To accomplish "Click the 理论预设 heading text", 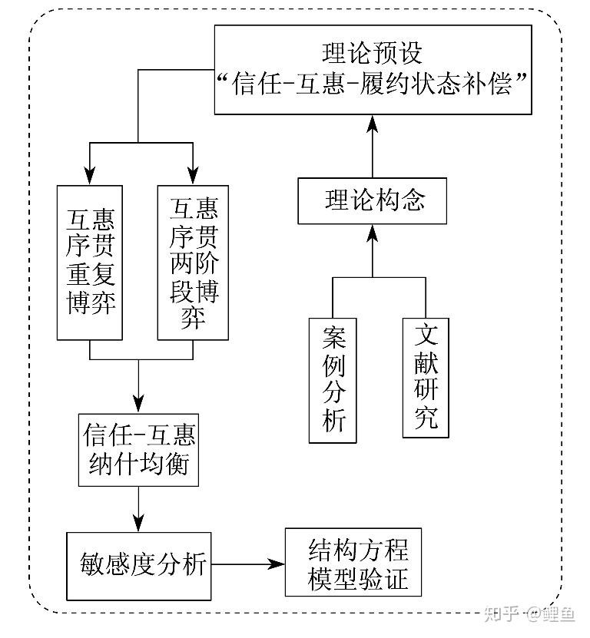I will [x=373, y=54].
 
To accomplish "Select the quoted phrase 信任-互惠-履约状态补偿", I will [x=373, y=84].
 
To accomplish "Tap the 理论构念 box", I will [x=373, y=201].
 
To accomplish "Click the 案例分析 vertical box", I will [x=333, y=379].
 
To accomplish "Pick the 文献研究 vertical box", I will [x=426, y=375].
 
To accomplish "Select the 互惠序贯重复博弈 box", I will [x=90, y=262].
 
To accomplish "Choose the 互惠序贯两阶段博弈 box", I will [x=193, y=262].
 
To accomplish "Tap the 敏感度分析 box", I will [x=138, y=566].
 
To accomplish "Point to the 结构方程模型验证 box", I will [x=358, y=563].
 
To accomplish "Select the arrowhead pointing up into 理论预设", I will [x=373, y=122].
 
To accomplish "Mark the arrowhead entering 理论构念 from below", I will [x=373, y=231].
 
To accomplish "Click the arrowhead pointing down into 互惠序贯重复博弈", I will [x=90, y=175].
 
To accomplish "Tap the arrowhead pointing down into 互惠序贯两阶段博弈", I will [x=193, y=175].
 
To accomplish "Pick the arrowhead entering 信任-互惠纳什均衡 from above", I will [x=138, y=405].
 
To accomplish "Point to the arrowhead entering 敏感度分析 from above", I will [x=138, y=523].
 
